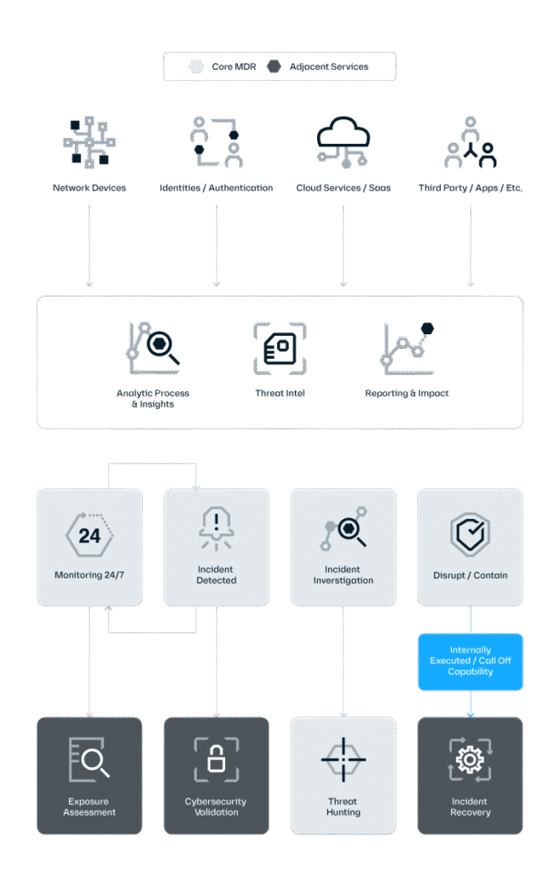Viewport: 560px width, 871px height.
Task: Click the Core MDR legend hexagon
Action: coord(196,66)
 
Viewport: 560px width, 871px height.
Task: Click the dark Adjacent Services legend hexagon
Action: coord(274,66)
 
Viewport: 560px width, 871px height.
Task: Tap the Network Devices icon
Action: coord(88,142)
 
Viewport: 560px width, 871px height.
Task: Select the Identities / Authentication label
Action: coord(216,188)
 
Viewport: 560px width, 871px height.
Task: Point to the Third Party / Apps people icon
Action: coord(470,142)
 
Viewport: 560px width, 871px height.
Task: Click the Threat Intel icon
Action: coord(280,348)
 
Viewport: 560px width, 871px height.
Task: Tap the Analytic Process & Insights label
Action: coord(153,398)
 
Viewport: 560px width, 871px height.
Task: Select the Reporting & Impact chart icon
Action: coord(407,348)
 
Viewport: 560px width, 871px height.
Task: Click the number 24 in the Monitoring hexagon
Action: coord(89,536)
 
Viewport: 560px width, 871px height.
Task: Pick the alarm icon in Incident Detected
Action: coord(216,528)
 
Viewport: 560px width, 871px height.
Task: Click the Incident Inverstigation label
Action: coord(343,575)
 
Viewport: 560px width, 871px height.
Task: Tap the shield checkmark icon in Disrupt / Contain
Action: coord(470,534)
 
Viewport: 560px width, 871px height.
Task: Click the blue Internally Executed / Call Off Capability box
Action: coord(470,662)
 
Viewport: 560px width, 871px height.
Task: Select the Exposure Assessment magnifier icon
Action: coord(88,760)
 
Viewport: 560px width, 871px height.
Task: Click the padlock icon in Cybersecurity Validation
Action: coord(216,760)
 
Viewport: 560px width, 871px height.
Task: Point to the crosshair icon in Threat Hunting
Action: coord(343,760)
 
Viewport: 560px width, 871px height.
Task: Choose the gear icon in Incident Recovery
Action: coord(470,760)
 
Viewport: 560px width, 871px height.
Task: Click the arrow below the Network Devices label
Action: coord(88,246)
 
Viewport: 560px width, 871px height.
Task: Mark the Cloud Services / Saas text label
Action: coord(343,188)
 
